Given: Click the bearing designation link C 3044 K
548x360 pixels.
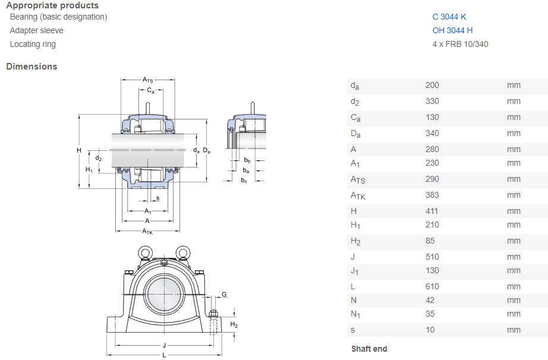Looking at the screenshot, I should (449, 17).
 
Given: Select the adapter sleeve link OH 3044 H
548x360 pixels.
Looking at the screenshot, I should (452, 30).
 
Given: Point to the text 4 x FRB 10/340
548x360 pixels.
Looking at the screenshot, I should (460, 44).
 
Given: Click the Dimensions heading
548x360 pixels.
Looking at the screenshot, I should (32, 67).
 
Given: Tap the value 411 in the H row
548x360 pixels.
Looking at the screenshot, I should (432, 211).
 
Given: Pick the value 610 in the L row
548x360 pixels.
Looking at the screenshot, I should (432, 286).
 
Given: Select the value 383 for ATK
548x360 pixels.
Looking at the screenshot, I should (432, 195).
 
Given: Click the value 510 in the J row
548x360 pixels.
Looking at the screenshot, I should (432, 257).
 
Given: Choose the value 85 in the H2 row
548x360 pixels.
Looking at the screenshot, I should (430, 241).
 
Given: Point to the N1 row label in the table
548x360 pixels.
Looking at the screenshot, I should (355, 314).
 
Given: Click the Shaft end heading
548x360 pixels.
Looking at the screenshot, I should (369, 349).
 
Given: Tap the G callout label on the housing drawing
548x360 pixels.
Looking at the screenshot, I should (224, 295).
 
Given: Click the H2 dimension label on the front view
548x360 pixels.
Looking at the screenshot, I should (234, 325).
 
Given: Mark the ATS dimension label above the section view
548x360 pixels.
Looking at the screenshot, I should (147, 80).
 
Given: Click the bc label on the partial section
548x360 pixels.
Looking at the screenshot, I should (244, 180).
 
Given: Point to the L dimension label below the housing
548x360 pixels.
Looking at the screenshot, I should (163, 355).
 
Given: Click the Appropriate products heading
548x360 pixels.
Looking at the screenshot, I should (52, 5).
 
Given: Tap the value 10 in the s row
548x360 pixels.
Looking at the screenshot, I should (430, 330).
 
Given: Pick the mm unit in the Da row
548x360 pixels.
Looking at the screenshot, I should (514, 133).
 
